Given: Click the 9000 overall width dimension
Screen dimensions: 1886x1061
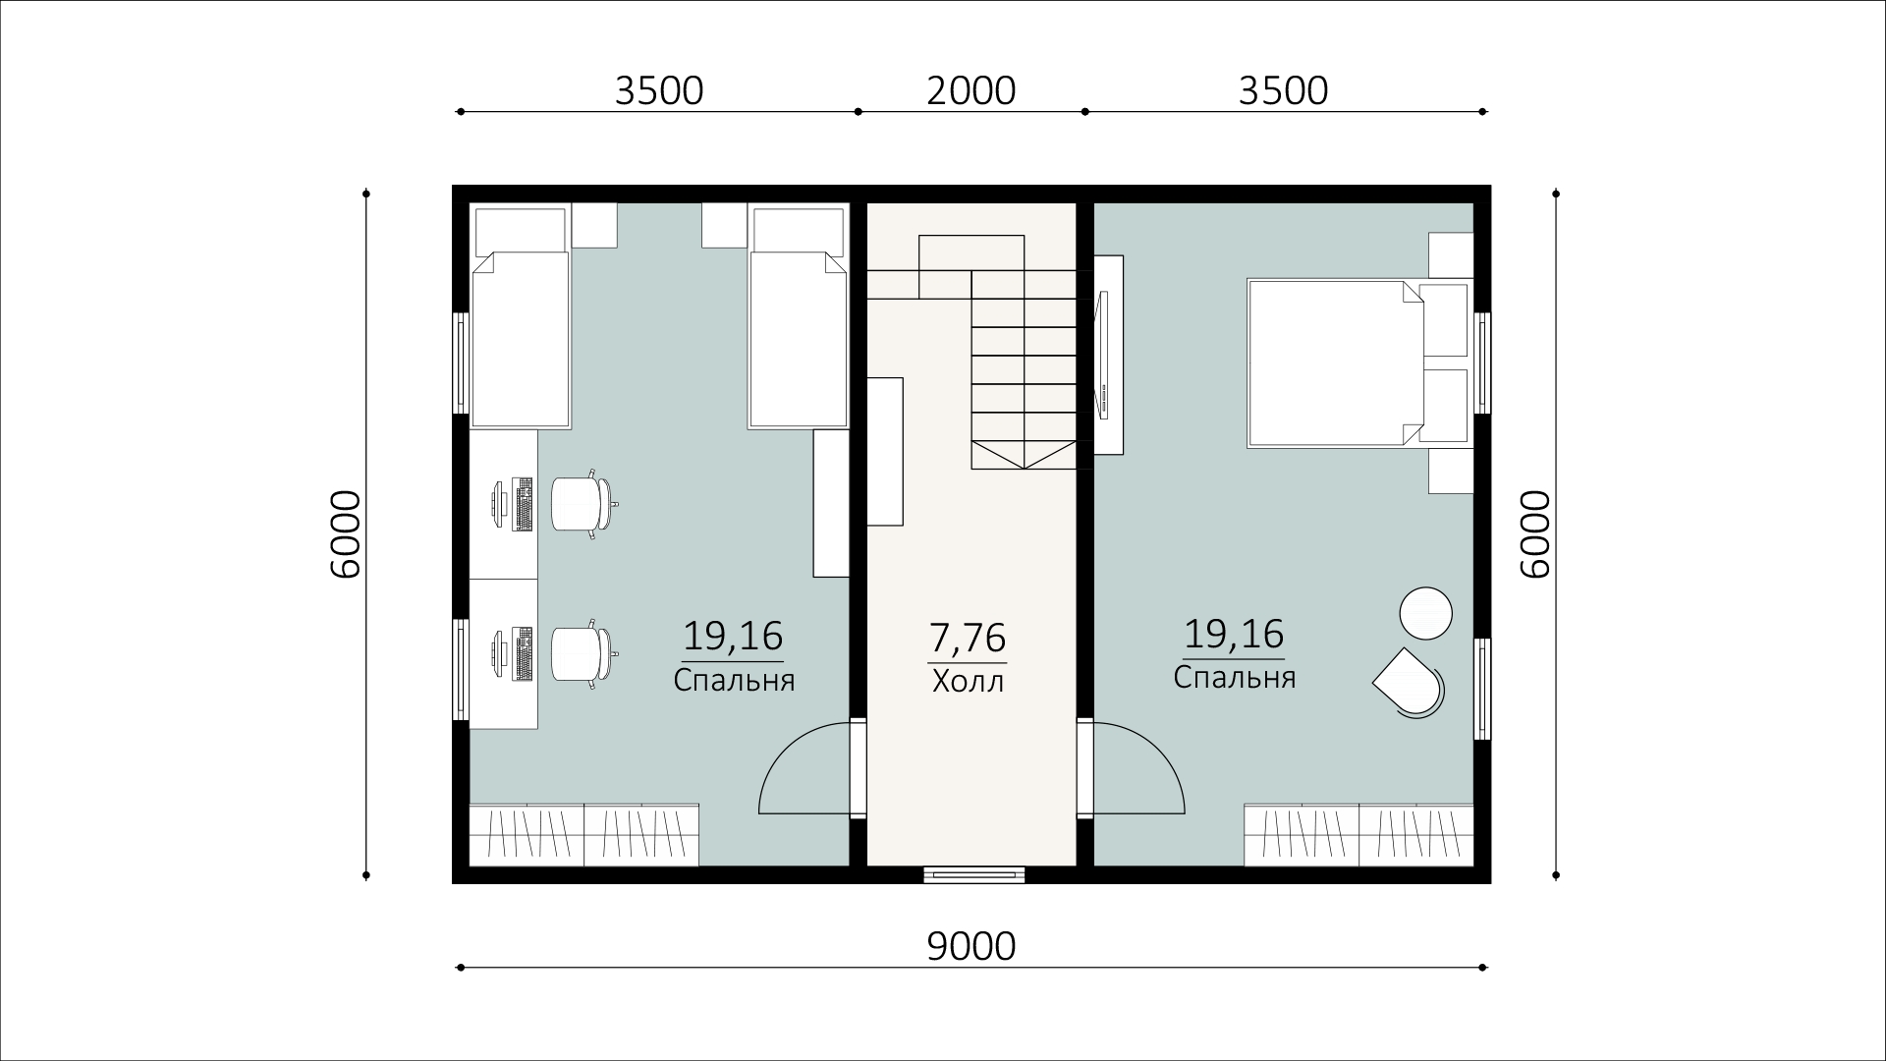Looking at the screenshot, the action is [x=971, y=946].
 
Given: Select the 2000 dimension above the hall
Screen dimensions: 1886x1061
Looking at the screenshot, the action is [x=971, y=90].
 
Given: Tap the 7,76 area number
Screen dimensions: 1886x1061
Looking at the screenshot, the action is [x=968, y=638].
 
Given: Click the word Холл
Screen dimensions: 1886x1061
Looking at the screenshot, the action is [x=968, y=681].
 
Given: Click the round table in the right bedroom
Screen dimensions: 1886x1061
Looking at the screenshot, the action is [x=1425, y=613].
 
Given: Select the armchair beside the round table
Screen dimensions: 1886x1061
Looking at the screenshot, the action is [x=1410, y=682].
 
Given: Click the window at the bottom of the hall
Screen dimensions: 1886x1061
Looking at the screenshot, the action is [x=973, y=873].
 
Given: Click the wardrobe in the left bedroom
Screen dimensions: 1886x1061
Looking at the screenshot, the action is [x=584, y=835].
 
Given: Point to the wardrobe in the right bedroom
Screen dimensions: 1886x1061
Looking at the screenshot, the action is [x=1359, y=835].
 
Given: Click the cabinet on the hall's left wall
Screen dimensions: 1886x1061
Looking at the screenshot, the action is [x=885, y=451].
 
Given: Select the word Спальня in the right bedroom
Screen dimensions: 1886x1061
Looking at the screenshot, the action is [x=1235, y=678].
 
